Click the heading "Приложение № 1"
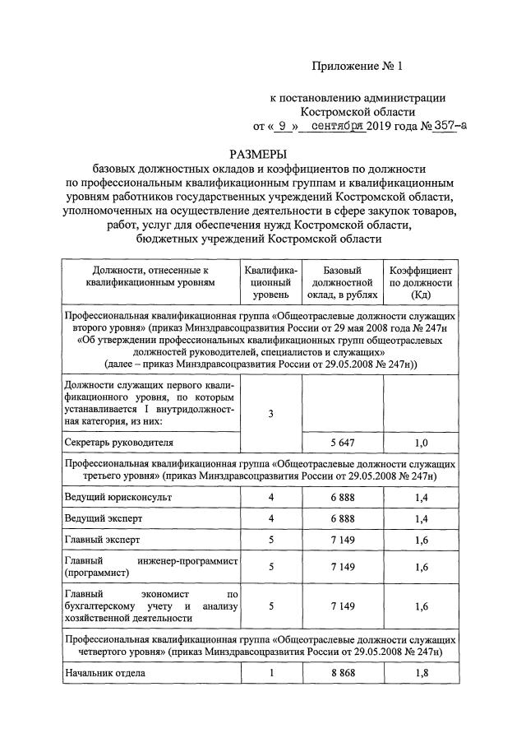[x=358, y=65]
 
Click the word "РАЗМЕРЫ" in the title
[x=262, y=154]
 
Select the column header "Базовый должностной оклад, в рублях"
[x=343, y=281]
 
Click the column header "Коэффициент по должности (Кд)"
[x=420, y=281]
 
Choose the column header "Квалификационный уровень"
[x=270, y=281]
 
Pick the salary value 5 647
[x=343, y=443]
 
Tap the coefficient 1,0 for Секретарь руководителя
[x=421, y=443]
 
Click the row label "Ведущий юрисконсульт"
[x=118, y=498]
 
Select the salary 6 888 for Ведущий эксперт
[x=343, y=518]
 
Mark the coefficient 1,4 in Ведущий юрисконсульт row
[x=421, y=498]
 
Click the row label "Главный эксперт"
[x=102, y=540]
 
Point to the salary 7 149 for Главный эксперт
[x=343, y=540]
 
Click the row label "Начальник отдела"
[x=105, y=672]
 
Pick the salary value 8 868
[x=343, y=672]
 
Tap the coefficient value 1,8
[x=421, y=672]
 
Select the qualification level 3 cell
[x=270, y=414]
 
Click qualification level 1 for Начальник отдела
[x=270, y=672]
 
